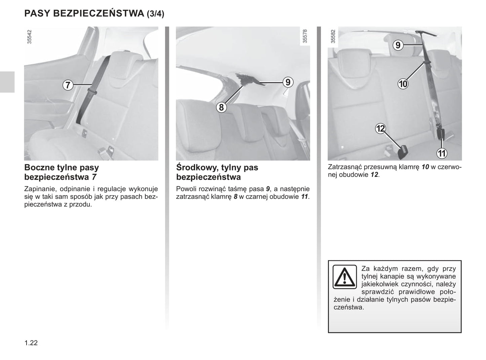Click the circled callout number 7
tap(68, 85)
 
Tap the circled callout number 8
tap(221, 107)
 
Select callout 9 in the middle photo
tap(288, 82)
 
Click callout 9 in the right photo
tap(398, 45)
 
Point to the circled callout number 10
tap(403, 84)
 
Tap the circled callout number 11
tap(442, 153)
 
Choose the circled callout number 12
tap(380, 129)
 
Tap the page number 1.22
tap(31, 343)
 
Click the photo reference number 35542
tap(29, 37)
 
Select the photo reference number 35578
tap(305, 36)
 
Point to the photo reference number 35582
tap(333, 36)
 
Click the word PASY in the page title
tap(37, 13)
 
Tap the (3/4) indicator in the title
tap(155, 14)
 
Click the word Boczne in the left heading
tap(39, 167)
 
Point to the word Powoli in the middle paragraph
tap(186, 189)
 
